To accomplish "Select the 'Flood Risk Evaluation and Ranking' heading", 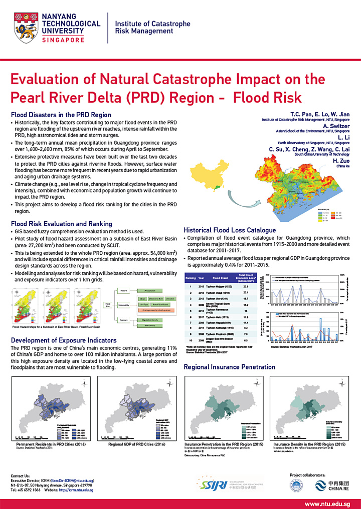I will point(61,224).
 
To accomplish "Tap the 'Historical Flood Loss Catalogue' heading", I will point(230,230).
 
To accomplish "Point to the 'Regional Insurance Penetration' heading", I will point(230,367).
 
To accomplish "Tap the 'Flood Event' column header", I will point(220,277).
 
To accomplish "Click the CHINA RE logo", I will point(331,485).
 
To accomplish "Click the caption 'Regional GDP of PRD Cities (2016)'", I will point(136,444).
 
